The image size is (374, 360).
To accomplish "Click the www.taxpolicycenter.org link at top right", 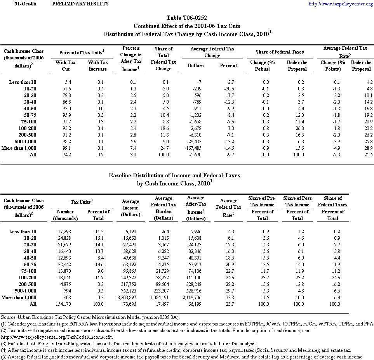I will coord(340,4).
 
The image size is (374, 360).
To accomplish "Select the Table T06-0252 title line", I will coord(187,18).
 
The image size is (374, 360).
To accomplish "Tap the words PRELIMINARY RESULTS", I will coord(80,4).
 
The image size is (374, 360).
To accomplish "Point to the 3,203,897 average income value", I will coord(131,298).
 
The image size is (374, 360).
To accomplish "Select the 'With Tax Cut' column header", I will coord(66,66).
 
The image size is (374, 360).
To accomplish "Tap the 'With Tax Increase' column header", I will coord(97,66).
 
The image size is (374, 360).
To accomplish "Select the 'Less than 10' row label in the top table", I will coord(23,82).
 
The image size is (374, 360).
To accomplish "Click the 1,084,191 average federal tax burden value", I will coord(163,298).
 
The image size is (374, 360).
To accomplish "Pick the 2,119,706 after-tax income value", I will coord(196,298).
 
